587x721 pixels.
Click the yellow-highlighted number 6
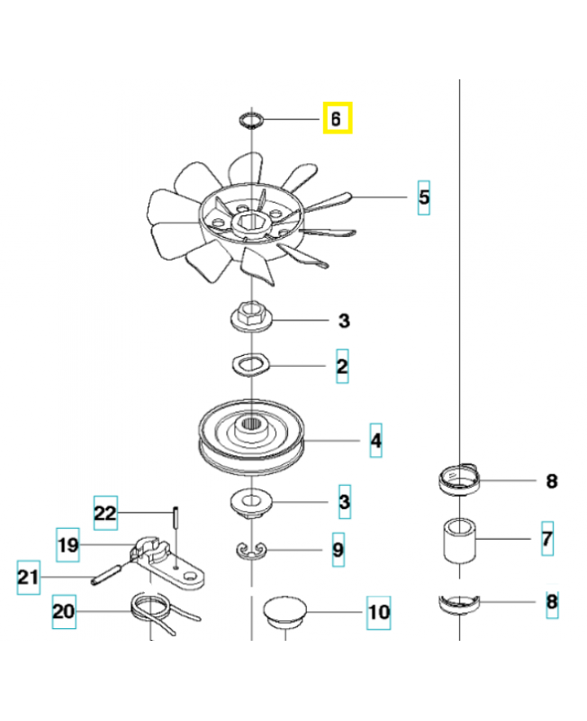(x=337, y=118)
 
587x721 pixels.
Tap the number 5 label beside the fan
(x=423, y=196)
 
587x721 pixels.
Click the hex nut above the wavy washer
(x=250, y=316)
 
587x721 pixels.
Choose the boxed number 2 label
(x=342, y=366)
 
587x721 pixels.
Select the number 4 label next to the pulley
(x=375, y=441)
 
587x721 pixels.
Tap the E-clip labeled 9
(x=249, y=549)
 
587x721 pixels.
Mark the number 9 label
(x=337, y=550)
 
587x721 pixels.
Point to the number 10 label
(x=378, y=613)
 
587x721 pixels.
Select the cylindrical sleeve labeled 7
(x=458, y=540)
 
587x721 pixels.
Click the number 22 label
(x=105, y=513)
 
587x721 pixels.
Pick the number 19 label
(x=68, y=543)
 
